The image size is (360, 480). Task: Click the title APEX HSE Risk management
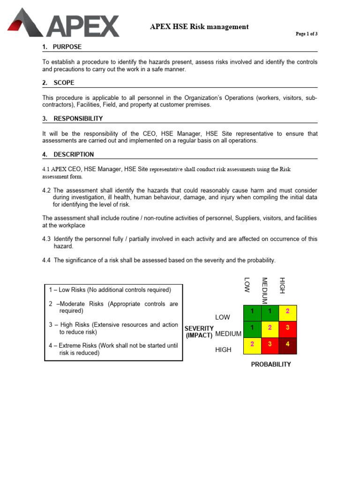tap(199, 27)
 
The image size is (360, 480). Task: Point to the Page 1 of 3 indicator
tap(306, 34)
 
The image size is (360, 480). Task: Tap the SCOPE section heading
tap(64, 83)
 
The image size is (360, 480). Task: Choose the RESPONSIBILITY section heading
tap(78, 119)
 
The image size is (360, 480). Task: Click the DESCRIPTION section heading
tap(74, 154)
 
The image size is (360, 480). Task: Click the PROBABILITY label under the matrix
tap(271, 364)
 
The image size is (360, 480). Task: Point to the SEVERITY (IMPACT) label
tap(200, 332)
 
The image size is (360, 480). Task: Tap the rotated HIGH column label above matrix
tap(282, 285)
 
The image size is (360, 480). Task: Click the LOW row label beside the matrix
tap(223, 317)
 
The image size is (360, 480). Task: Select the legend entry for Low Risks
tap(110, 290)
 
